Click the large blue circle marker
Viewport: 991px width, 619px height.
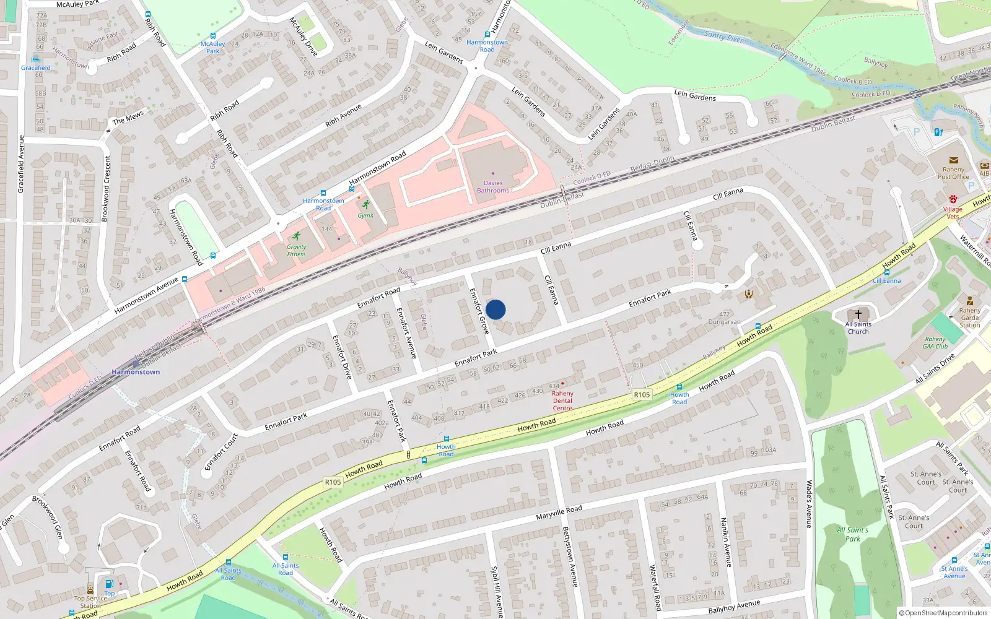[x=495, y=309]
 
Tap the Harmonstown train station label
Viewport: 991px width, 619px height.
[x=136, y=372]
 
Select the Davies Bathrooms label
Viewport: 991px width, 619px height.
[x=493, y=186]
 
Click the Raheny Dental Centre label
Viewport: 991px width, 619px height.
[x=562, y=400]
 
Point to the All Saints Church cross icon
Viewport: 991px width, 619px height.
[x=858, y=314]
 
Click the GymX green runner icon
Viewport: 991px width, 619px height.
[x=365, y=205]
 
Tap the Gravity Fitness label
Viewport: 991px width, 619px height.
[x=296, y=250]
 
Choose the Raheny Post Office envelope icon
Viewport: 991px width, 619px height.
[x=953, y=160]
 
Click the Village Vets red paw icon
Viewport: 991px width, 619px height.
[x=953, y=199]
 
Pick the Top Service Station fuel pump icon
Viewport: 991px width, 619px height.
[x=109, y=584]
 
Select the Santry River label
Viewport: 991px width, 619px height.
[x=723, y=37]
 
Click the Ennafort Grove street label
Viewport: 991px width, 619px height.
[x=479, y=311]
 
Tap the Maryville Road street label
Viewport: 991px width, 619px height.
[x=559, y=513]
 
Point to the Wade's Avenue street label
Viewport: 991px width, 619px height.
[x=808, y=504]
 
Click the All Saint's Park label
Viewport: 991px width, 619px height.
[x=852, y=534]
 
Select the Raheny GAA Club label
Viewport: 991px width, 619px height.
[x=935, y=342]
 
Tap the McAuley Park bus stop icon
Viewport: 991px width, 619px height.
[x=212, y=37]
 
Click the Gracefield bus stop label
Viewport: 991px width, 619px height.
[x=35, y=68]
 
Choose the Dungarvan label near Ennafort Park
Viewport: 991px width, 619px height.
[x=724, y=322]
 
